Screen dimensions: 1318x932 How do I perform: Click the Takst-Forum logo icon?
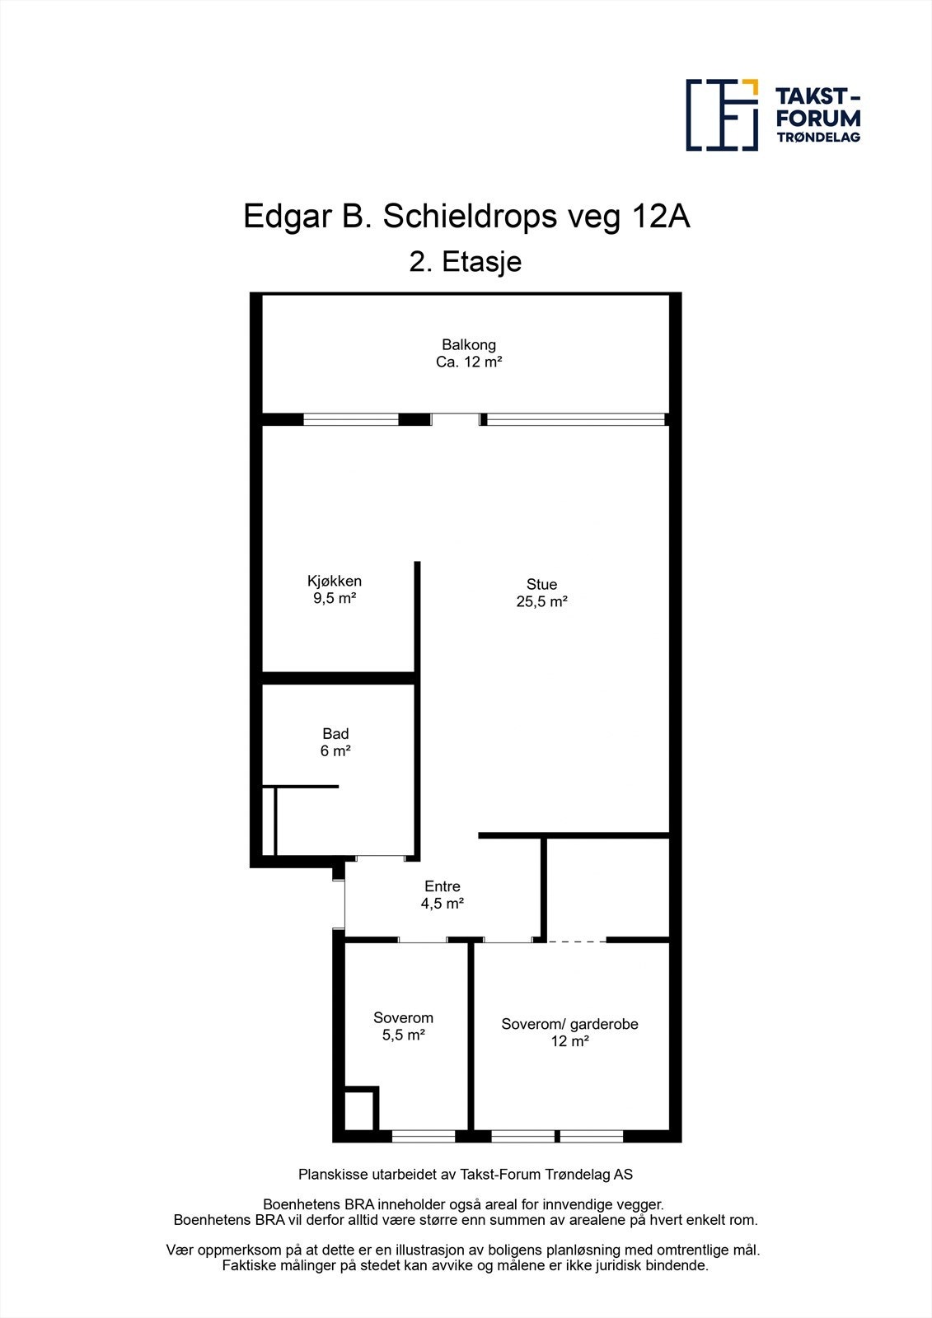(722, 115)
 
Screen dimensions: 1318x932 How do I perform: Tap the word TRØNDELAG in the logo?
(818, 137)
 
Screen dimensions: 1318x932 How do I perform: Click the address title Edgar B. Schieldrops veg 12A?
(466, 217)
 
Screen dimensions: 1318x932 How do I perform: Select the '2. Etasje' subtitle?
(466, 262)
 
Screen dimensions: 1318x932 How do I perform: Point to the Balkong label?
(469, 344)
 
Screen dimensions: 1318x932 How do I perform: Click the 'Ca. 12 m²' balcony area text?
(469, 362)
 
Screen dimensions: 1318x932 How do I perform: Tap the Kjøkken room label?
(334, 581)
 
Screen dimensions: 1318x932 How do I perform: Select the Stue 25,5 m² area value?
(541, 601)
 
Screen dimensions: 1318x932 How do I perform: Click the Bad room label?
(335, 733)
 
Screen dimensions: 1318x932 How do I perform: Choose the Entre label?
(443, 886)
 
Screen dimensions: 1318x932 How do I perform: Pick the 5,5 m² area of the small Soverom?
(403, 1035)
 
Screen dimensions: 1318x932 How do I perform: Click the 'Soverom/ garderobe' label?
(569, 1024)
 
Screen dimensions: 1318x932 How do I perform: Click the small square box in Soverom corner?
(359, 1111)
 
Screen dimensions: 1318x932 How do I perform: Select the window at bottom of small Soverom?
(424, 1137)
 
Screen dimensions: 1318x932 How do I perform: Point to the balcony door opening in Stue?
(456, 419)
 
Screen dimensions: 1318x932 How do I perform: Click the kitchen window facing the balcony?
(351, 419)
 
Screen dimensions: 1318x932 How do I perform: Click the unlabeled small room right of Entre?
(607, 888)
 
